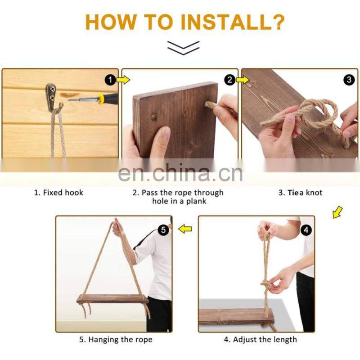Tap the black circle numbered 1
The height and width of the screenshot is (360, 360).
pos(110,80)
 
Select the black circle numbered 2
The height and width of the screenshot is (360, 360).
pos(230,80)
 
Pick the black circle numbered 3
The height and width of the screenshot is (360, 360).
pos(349,80)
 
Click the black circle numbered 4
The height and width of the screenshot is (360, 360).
pos(306,230)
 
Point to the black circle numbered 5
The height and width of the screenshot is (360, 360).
pos(163,230)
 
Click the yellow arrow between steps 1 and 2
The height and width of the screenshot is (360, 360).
pos(123,80)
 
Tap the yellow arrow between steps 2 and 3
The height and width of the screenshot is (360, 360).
pos(243,80)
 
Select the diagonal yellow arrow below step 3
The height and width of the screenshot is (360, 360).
pos(337,212)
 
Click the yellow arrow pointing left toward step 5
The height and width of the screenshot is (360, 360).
pos(185,229)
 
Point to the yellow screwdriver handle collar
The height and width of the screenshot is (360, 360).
pos(100,99)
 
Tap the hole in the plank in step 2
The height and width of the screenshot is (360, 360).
pos(154,117)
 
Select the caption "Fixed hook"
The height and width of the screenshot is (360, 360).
pos(63,193)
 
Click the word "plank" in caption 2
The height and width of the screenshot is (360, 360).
pos(196,201)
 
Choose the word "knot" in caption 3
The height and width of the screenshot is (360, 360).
pos(314,193)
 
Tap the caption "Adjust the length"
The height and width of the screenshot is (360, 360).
pos(265,339)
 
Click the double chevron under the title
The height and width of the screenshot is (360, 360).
pos(183,48)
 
